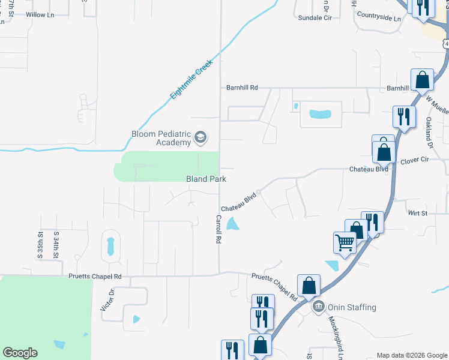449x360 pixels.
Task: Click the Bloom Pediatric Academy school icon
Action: coord(200,139)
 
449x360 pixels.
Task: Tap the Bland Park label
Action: coord(206,179)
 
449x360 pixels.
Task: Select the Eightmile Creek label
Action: coord(191,79)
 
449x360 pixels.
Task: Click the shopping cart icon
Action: coord(345,242)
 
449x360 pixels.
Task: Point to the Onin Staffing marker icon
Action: coord(319,307)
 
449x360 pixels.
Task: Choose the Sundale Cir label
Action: coord(315,18)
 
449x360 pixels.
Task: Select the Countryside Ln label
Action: coord(378,18)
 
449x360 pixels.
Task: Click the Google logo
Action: coord(20,353)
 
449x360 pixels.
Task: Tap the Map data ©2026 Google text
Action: coord(411,355)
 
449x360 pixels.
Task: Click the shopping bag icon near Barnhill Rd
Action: coord(423,80)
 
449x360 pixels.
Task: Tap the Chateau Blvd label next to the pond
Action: coord(239,202)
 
